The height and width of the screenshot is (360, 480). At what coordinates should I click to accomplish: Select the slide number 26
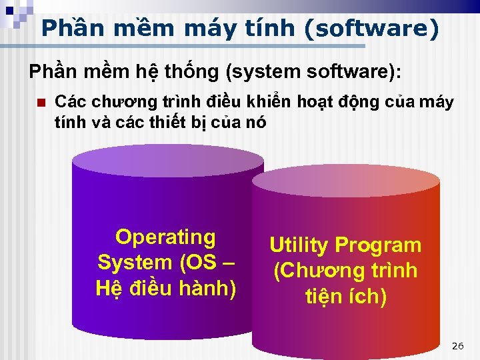(x=457, y=346)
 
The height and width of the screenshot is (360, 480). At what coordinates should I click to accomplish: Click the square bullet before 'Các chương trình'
(x=40, y=103)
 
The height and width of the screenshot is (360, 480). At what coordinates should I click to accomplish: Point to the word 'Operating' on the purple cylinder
(x=165, y=237)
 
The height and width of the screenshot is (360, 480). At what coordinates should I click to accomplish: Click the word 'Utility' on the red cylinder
(x=299, y=245)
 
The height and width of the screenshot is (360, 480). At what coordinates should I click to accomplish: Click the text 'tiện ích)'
(x=345, y=296)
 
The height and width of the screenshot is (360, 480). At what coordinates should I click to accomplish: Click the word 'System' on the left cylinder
(x=135, y=262)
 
